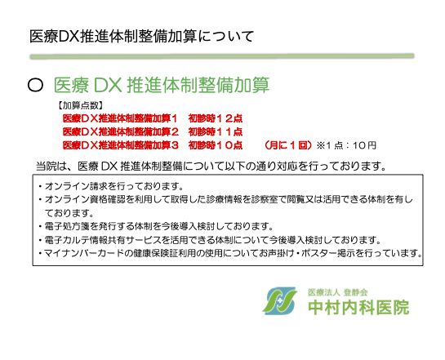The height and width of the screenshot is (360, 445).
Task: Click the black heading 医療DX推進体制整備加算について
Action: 141,36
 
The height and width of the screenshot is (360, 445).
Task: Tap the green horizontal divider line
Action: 222,56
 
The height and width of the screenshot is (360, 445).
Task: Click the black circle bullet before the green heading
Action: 35,85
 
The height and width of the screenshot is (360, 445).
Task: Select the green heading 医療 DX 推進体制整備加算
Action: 162,85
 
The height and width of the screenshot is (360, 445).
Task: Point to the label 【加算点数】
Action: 80,106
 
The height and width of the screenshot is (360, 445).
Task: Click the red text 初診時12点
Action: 216,118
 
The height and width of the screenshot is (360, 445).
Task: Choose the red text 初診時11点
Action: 216,131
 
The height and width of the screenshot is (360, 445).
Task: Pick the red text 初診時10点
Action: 216,145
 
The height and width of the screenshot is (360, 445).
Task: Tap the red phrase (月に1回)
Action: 288,145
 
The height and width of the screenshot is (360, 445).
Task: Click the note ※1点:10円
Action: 346,145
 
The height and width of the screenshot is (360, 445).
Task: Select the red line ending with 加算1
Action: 120,118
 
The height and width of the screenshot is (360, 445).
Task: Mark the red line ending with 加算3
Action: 120,145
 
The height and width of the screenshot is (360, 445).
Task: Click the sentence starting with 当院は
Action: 211,166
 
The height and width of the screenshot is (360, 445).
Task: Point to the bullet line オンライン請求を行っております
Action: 111,186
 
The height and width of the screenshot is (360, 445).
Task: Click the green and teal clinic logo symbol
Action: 280,301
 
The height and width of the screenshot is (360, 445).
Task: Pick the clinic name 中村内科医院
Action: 358,307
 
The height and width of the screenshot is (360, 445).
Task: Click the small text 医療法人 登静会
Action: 338,292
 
